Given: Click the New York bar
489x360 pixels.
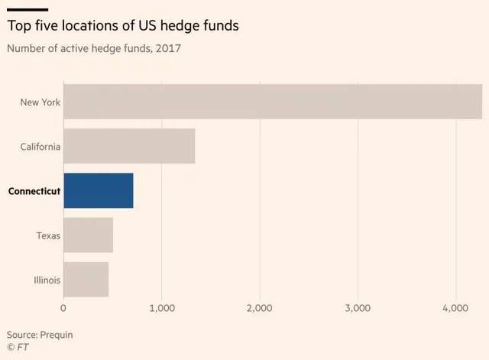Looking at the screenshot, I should [272, 102].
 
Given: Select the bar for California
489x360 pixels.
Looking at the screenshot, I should [129, 146].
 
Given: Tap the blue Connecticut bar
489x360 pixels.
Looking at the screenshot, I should [99, 190].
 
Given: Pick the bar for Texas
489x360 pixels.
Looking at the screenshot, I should [88, 235].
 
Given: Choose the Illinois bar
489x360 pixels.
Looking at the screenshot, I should [86, 279].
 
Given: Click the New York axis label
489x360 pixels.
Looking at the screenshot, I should [40, 102].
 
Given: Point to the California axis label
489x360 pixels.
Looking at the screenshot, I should [40, 146].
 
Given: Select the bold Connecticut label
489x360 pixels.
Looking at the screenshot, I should [34, 190].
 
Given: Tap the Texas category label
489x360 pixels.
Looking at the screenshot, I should [48, 235].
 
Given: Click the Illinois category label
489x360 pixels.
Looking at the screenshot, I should [47, 279].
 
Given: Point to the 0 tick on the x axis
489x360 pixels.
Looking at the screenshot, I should [63, 308].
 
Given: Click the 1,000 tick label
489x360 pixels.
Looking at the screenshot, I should [161, 308].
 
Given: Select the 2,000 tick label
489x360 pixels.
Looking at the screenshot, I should [260, 308].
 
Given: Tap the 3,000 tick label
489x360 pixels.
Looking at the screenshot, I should [358, 308].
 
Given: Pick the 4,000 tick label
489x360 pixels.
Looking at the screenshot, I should [455, 308].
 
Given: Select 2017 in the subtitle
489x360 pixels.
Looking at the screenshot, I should [169, 49].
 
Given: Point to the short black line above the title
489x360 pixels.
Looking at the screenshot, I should [28, 9].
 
